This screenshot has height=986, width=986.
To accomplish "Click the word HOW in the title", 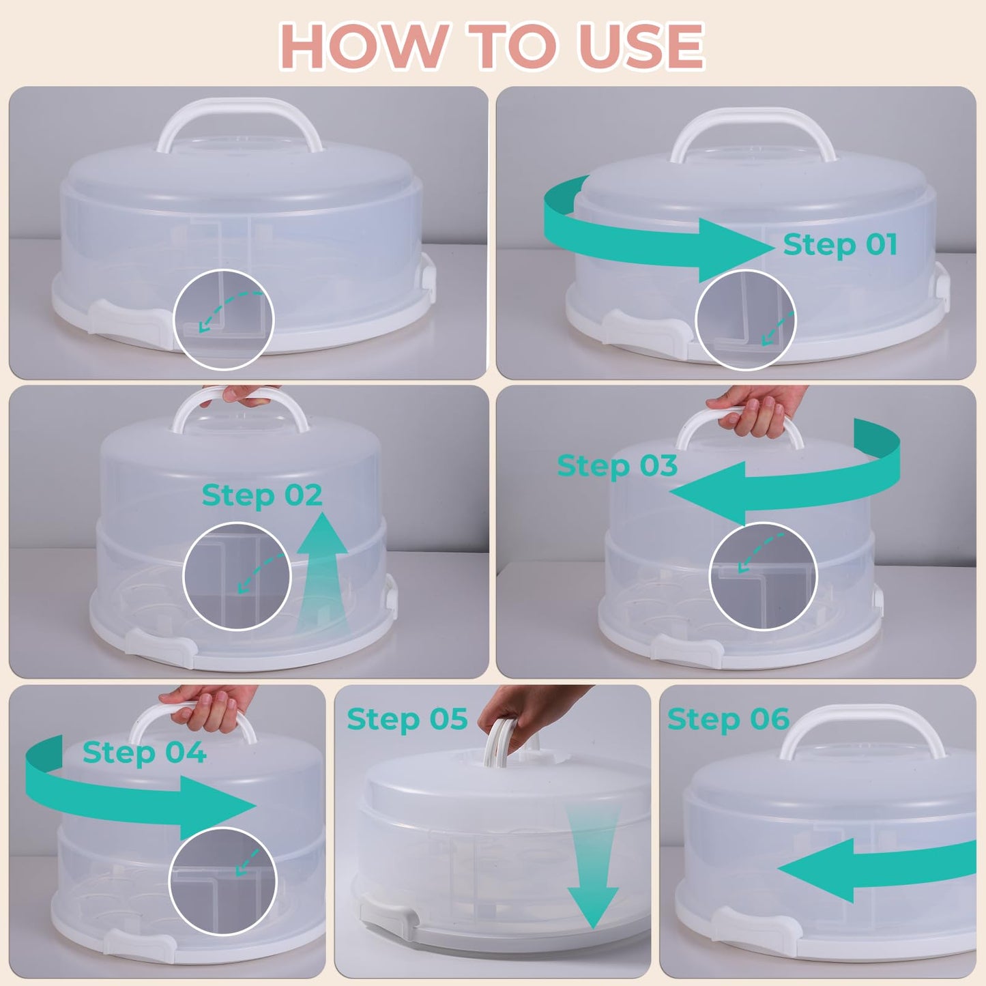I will point(362,46).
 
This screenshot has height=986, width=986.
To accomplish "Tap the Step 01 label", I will point(839,244).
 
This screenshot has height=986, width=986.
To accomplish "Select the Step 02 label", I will point(262,495).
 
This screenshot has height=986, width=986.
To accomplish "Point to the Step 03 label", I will point(617,466).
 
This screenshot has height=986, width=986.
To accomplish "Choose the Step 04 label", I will point(144,753).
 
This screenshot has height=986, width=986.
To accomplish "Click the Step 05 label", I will point(407,719).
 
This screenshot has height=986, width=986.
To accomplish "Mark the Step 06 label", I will point(728,719).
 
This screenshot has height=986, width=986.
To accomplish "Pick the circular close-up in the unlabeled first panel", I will point(224,320).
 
